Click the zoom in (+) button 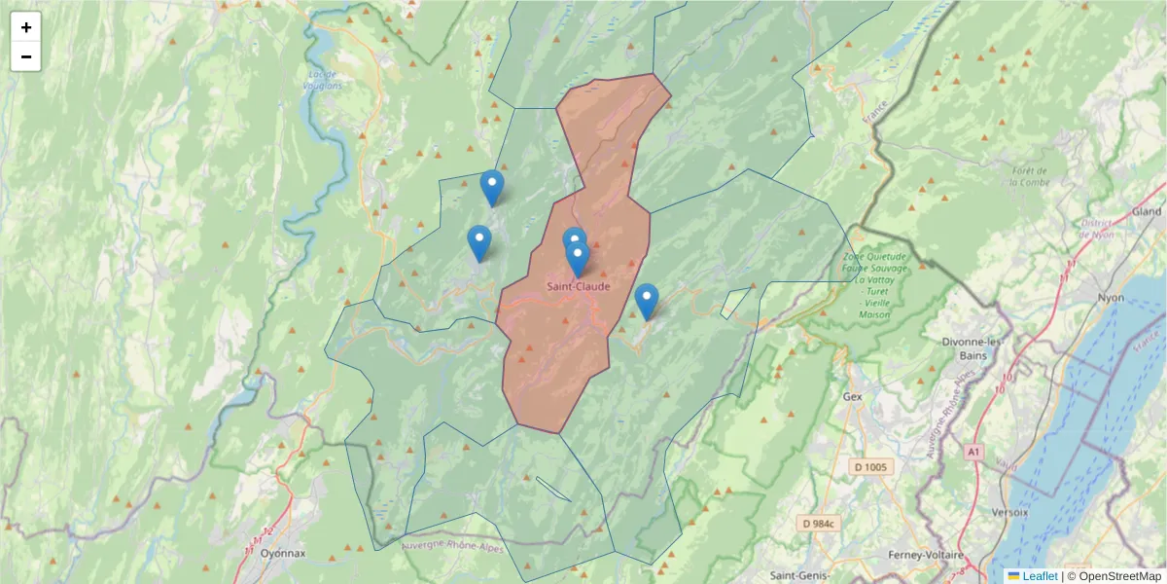(x=26, y=28)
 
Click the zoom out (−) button (x=26, y=56)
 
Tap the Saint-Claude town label (x=578, y=286)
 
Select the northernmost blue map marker (x=492, y=186)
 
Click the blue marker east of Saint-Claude (x=646, y=300)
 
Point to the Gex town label (x=854, y=397)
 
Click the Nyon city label (x=1110, y=298)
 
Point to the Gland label (x=1146, y=212)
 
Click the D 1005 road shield (x=870, y=467)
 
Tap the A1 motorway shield (x=974, y=452)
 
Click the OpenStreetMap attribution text (x=1114, y=576)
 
